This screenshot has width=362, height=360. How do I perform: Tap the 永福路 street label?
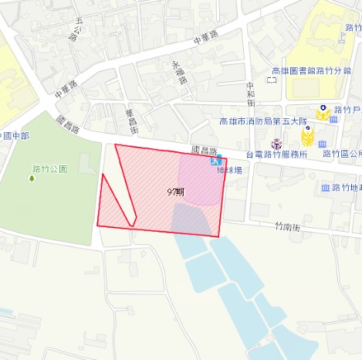tap(180, 72)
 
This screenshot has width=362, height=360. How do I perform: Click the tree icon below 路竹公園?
tap(32, 178)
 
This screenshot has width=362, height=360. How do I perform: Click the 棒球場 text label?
tap(229, 170)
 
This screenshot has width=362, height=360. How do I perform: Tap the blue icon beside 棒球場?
tap(214, 162)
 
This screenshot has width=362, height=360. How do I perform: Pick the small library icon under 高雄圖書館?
tap(271, 80)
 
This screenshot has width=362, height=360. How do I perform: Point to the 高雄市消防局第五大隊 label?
tap(262, 121)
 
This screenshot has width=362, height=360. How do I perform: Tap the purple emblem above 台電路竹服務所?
tap(276, 144)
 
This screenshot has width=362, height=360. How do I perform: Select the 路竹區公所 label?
tap(342, 155)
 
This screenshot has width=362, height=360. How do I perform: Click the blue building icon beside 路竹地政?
tap(324, 188)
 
